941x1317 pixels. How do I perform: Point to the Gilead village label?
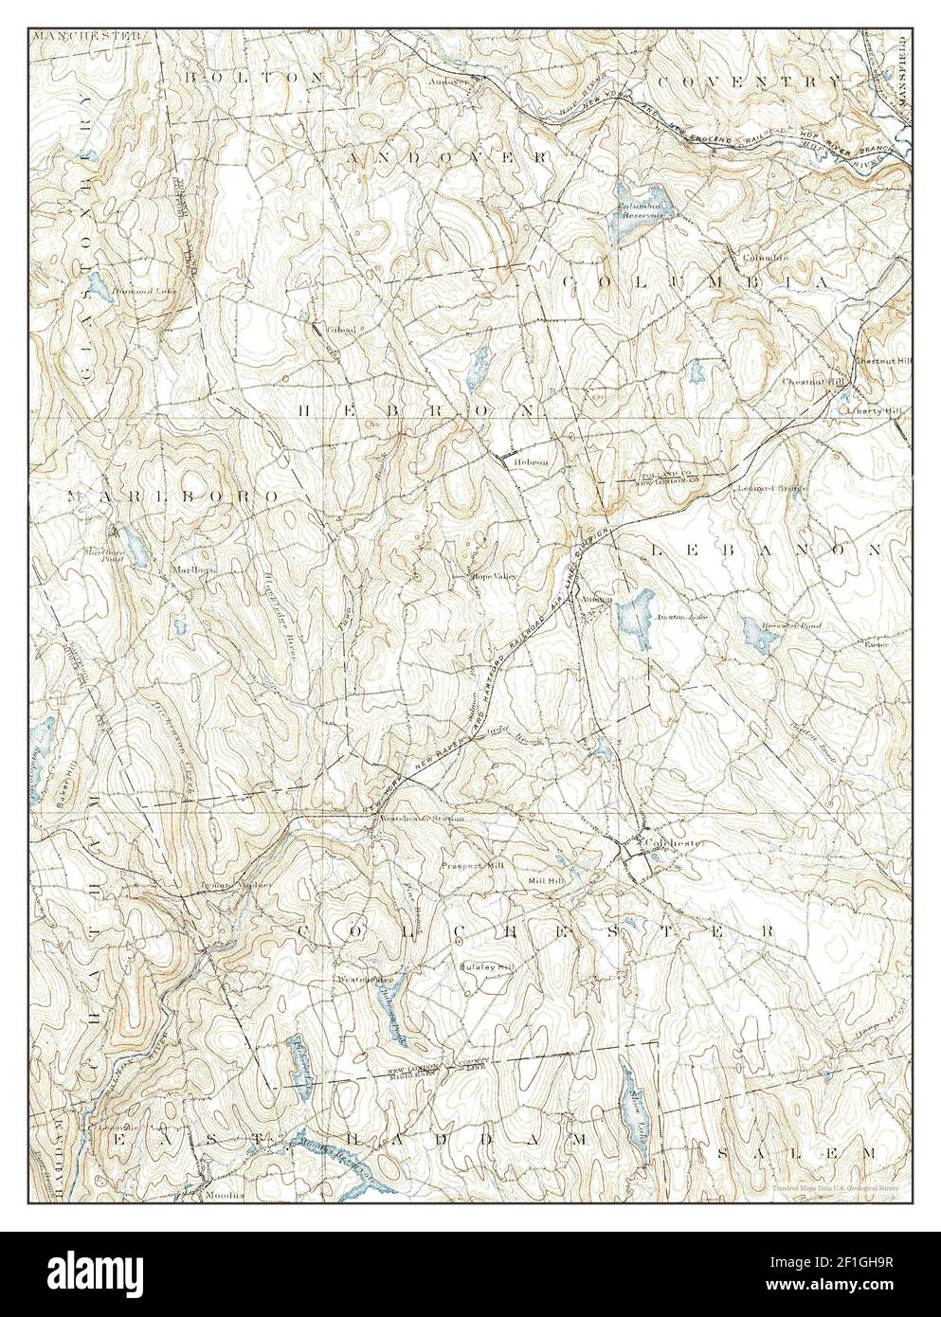coord(341,330)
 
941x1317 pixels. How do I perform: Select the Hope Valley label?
coord(490,575)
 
